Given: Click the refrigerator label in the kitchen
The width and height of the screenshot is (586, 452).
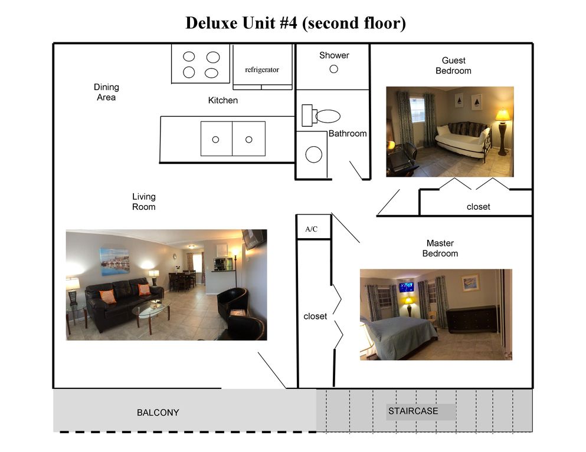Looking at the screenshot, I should (261, 70).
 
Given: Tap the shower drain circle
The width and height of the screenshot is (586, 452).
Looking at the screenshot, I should (333, 69).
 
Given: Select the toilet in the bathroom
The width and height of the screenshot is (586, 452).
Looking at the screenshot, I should (322, 116).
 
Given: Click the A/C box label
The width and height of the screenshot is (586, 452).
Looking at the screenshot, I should (311, 229).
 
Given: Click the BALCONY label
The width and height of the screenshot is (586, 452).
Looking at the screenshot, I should (158, 413).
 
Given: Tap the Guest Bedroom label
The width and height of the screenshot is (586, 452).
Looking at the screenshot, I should (453, 65).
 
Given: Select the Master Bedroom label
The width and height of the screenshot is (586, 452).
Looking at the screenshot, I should (440, 248).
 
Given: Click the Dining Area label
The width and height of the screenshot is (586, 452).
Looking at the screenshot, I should (106, 93).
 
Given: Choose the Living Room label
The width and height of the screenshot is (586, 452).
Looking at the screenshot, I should (144, 202).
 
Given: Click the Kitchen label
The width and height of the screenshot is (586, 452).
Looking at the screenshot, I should (223, 100).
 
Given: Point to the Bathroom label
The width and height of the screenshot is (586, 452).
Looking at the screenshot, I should (348, 134).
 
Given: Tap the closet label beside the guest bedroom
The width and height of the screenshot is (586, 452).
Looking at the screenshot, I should (478, 207).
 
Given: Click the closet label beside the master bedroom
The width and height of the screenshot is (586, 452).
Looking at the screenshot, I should (315, 316).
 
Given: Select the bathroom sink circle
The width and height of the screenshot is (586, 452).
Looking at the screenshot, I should (313, 155).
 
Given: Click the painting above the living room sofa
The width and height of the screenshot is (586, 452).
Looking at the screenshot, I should (114, 261).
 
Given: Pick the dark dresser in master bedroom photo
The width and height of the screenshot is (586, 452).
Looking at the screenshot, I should (471, 319).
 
